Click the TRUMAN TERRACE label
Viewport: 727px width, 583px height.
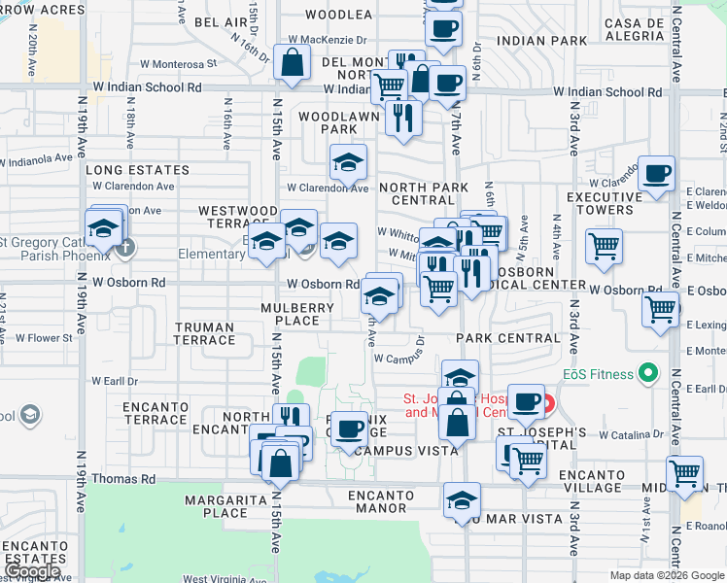pos(204,333)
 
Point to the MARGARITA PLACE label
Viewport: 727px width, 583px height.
pos(220,506)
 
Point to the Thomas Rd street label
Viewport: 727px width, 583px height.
pos(122,479)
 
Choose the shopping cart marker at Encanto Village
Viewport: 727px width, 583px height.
pos(684,473)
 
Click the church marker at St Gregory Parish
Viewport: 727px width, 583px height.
pos(124,248)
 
